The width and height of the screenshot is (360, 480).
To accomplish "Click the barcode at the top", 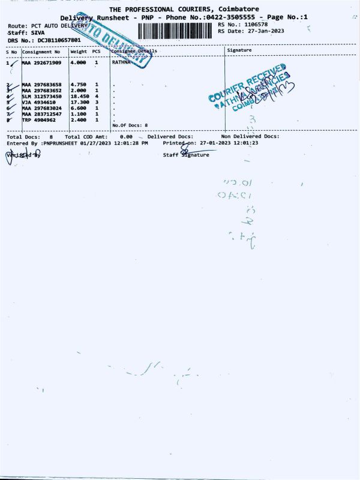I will coord(175,31).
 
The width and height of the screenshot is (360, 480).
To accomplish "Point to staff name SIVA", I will coord(38,33).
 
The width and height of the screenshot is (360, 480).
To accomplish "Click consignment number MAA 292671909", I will coord(41,62).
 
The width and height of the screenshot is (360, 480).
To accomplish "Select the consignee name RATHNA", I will coord(122,62).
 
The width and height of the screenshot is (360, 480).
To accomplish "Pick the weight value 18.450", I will coord(79,97).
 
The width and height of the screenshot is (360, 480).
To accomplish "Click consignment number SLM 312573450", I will coord(41,97).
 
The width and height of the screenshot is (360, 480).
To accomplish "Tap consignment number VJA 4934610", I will coord(38,103).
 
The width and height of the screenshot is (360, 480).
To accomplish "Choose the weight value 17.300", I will coord(79,103).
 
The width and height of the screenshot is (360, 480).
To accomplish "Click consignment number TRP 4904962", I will coord(38,119).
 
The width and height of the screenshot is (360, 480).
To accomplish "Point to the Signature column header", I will coord(240,51).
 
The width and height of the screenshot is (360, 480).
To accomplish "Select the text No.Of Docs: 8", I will coord(130,125).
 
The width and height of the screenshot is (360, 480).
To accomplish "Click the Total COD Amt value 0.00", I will coord(126,137).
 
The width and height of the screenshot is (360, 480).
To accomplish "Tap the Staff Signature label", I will coord(187,155).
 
